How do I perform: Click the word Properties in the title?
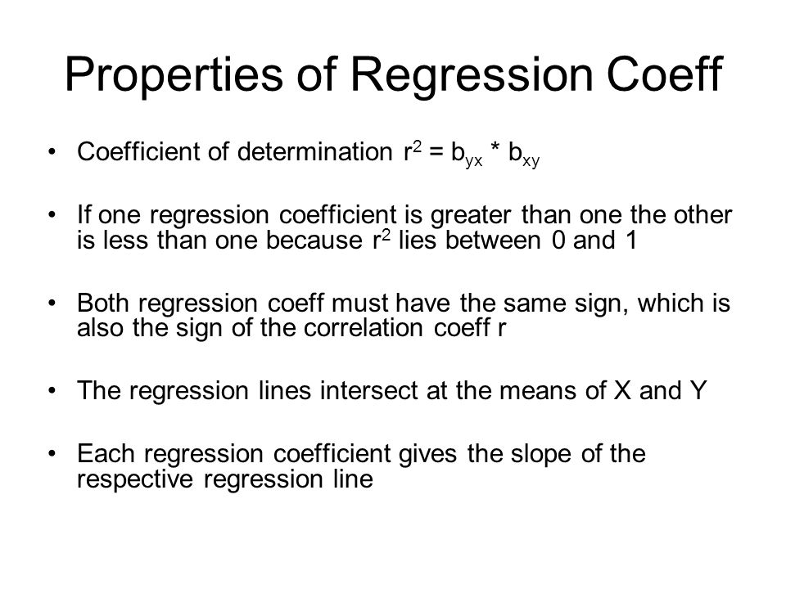click(174, 75)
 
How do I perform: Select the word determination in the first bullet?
click(314, 151)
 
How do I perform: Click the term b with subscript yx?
click(466, 155)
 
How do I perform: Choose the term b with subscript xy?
click(524, 155)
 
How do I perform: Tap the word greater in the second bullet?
click(470, 216)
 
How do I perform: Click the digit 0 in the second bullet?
click(558, 241)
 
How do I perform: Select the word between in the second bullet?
click(493, 240)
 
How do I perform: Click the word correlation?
click(364, 328)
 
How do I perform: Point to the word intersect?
click(368, 391)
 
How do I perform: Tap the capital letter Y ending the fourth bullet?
click(698, 391)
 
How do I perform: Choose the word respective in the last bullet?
click(135, 480)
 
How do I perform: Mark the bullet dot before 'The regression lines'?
click(52, 391)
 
